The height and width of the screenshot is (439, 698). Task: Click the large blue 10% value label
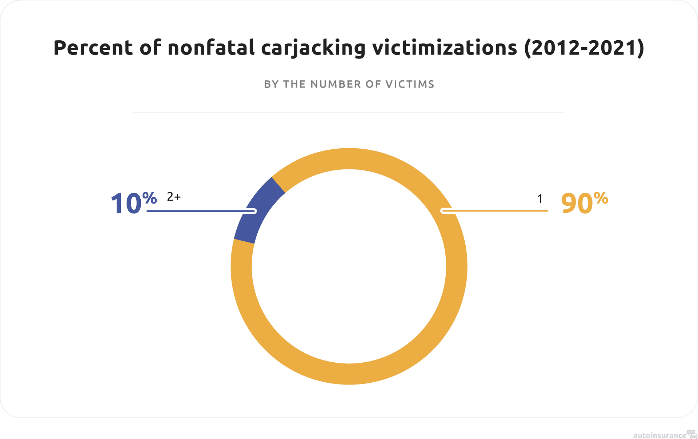133,204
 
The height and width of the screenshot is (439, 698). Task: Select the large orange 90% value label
584,204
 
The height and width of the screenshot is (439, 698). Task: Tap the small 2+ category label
174,197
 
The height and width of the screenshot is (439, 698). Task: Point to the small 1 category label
540,199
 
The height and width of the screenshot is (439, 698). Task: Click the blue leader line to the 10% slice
200,211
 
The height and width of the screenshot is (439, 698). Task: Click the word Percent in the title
93,48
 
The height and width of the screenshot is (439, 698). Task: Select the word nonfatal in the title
211,48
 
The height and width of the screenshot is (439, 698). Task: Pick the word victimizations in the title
444,48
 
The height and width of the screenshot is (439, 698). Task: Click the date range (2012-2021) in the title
584,48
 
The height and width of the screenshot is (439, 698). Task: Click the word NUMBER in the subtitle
336,84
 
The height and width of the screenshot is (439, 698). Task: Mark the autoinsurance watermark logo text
659,435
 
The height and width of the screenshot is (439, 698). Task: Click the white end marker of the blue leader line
254,211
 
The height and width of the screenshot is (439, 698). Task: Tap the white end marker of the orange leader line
443,211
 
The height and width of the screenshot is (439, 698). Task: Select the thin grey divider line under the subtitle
349,112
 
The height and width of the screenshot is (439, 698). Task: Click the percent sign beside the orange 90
601,198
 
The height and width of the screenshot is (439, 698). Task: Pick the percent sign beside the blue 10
149,198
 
